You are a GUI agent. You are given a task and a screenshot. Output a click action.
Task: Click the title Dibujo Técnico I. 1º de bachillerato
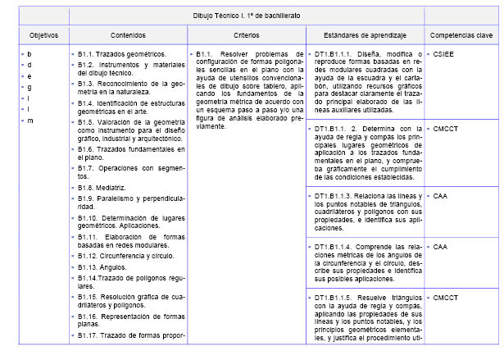tap(247, 16)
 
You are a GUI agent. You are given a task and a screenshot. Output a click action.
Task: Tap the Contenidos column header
tap(127, 36)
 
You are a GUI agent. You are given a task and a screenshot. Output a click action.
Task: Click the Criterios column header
tap(246, 36)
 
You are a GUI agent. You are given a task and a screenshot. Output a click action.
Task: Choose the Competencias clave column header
tap(461, 36)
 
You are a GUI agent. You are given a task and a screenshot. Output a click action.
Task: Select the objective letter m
tap(30, 121)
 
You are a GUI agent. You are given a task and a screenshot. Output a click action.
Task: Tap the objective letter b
tap(30, 54)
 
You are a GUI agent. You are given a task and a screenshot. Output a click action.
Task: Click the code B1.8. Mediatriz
tap(103, 188)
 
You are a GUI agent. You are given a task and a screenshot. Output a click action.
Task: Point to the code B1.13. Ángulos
tap(102, 267)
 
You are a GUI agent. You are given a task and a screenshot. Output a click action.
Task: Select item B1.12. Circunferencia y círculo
tap(122, 256)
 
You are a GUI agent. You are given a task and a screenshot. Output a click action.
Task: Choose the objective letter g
tap(30, 87)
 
